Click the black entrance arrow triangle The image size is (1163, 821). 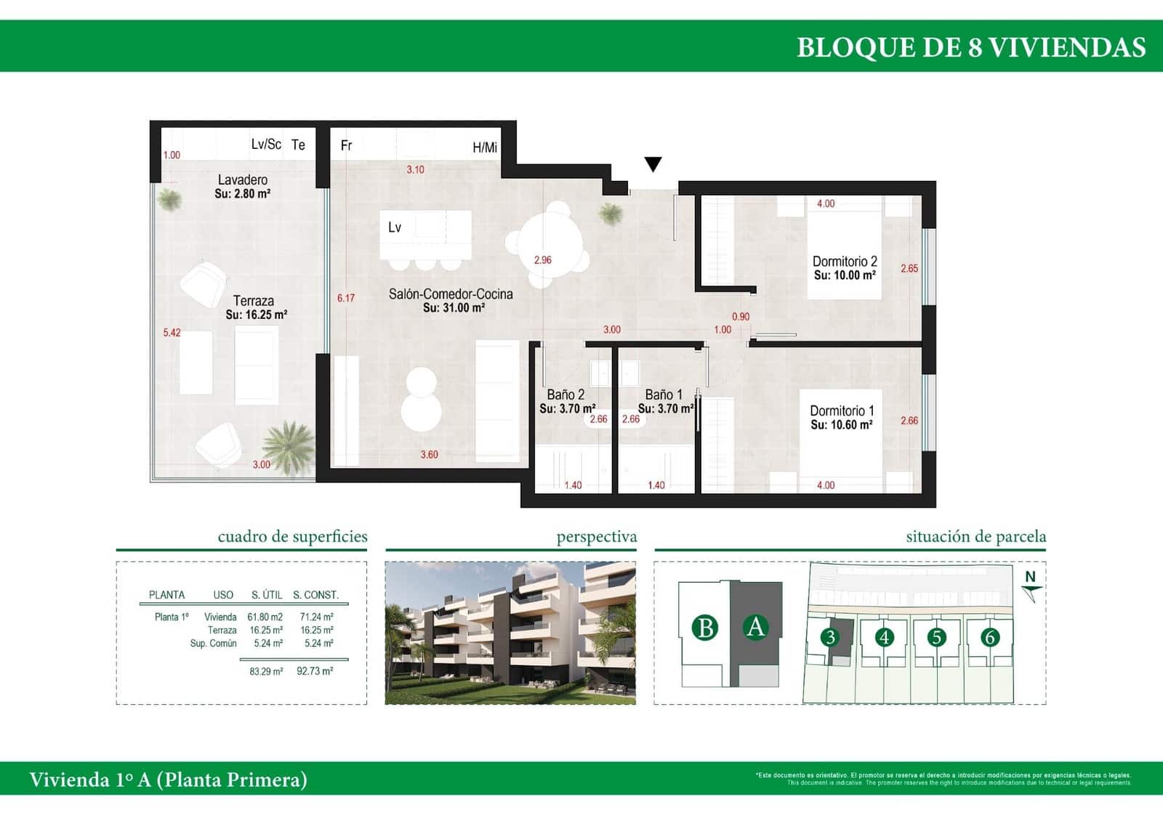(653, 164)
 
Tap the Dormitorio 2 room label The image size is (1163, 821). (845, 262)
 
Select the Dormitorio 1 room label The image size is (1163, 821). (842, 411)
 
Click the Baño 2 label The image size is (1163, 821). (566, 395)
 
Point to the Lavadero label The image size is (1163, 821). (243, 179)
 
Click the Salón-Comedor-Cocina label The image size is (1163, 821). (451, 294)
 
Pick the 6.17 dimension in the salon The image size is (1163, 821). (346, 298)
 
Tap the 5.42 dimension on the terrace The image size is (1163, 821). (172, 333)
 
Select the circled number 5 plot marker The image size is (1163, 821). (936, 637)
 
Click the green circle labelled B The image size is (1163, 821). (704, 627)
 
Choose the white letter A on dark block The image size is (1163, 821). (756, 626)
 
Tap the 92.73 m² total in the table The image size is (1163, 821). (315, 671)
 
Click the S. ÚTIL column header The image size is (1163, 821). (267, 594)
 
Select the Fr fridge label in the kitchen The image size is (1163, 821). (346, 145)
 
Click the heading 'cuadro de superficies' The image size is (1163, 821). (292, 536)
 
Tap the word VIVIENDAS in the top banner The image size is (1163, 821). (1068, 47)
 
